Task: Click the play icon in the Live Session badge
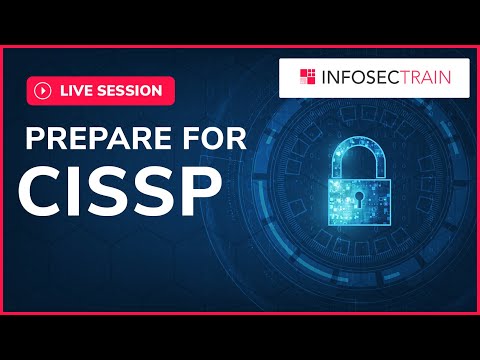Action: tap(43, 90)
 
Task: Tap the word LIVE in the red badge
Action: tap(77, 90)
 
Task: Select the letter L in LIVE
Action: tap(64, 90)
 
